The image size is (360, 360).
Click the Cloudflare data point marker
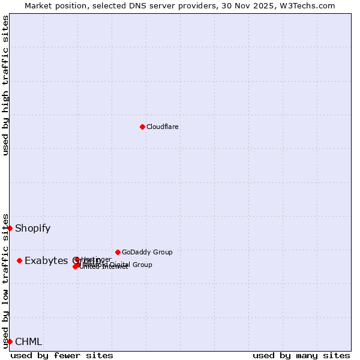click(x=142, y=127)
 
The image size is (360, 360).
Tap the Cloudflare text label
click(x=162, y=127)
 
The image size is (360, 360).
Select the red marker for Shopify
click(x=10, y=228)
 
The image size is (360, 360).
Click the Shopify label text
click(x=32, y=228)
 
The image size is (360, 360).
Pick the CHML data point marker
click(x=10, y=341)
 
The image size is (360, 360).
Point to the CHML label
click(x=28, y=342)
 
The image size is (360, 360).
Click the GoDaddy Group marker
click(x=118, y=252)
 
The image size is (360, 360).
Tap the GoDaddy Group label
click(x=147, y=252)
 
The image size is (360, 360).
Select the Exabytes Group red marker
click(x=19, y=260)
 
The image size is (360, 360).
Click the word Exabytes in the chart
click(x=46, y=260)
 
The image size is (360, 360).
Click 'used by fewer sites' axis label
click(x=62, y=355)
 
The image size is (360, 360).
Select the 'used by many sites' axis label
click(x=301, y=355)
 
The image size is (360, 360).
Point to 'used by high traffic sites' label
click(x=5, y=85)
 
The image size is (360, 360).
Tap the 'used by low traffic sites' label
click(x=5, y=280)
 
